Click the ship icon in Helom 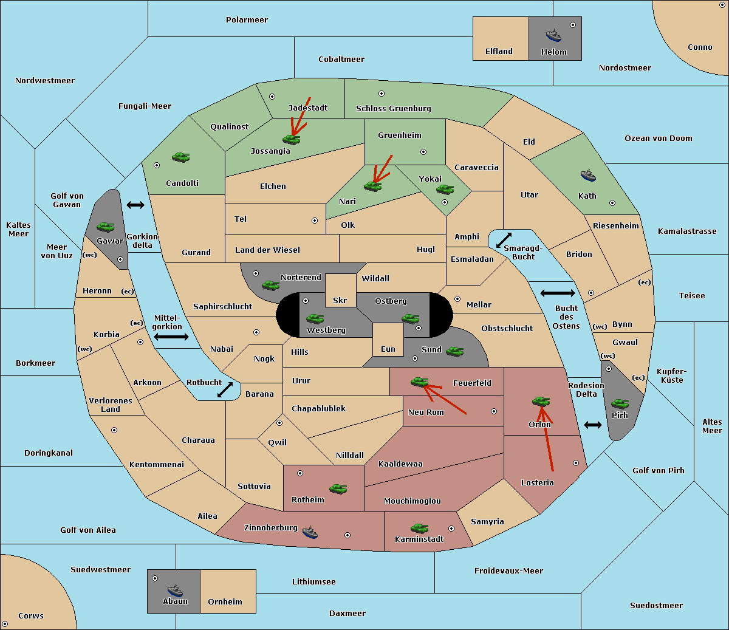coord(553,35)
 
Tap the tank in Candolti coord(180,157)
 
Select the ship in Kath coord(588,176)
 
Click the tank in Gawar coord(106,227)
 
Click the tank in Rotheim coord(338,489)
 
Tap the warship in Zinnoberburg coord(310,532)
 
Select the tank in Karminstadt coord(419,529)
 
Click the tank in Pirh coord(620,403)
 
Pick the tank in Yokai coord(445,190)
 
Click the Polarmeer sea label coord(247,20)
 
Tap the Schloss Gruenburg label coord(393,108)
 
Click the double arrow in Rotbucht coord(225,390)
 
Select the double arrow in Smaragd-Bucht coord(504,240)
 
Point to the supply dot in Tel coord(315,221)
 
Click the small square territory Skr coord(340,290)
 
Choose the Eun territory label coord(388,349)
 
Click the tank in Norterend coord(270,285)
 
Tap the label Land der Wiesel coord(267,250)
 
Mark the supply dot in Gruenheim coord(423,152)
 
